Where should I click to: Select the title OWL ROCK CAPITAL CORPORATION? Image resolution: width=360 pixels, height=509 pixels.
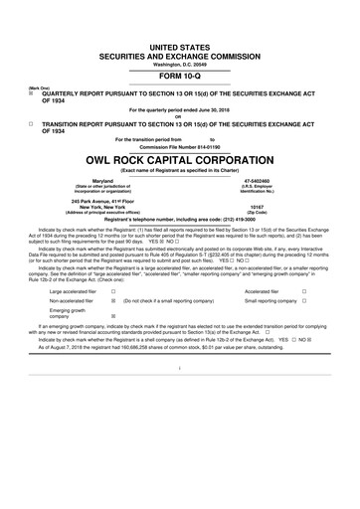179,160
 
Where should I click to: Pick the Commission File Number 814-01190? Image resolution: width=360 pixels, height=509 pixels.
179,147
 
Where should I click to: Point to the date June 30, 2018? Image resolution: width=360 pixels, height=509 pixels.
220,108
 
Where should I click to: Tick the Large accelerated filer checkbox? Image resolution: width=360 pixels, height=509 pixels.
114,291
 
